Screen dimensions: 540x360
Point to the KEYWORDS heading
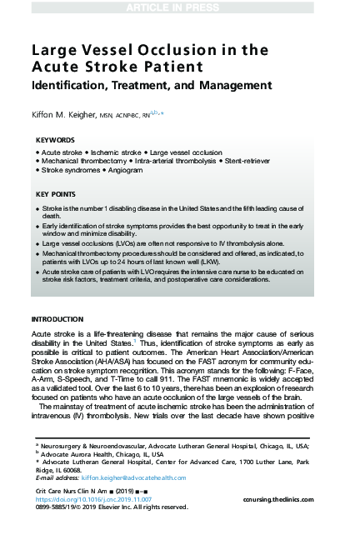pyautogui.click(x=55, y=140)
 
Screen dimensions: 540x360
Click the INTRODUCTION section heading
pyautogui.click(x=57, y=319)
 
